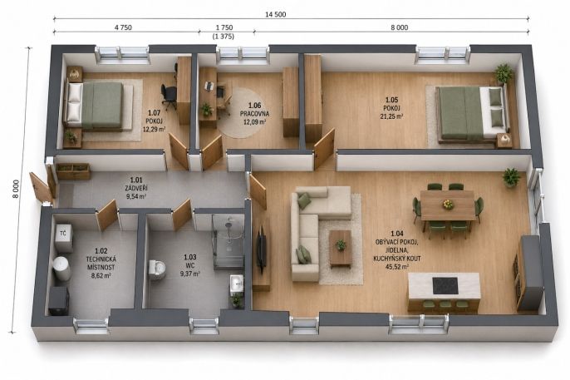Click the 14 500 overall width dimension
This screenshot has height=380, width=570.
(x=275, y=14)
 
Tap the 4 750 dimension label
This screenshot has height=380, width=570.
(x=123, y=27)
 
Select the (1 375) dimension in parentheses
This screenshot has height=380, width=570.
(x=224, y=37)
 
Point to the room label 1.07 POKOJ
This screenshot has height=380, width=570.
(x=155, y=117)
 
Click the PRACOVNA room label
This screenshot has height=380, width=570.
(x=254, y=114)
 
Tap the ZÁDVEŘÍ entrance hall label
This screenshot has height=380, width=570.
(x=136, y=189)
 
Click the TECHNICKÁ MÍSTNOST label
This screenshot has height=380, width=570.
(x=101, y=264)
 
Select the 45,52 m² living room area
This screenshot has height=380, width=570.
(x=396, y=267)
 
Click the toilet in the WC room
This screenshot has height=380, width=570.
(x=157, y=269)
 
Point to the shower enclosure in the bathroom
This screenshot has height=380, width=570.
(x=228, y=241)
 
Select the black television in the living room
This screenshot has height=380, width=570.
(x=262, y=249)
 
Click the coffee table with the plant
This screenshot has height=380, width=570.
(x=341, y=249)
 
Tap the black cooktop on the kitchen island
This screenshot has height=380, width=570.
(x=445, y=284)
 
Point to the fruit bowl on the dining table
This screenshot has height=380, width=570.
(x=448, y=205)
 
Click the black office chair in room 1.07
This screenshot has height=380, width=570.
(x=169, y=96)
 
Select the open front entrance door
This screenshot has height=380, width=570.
(x=41, y=188)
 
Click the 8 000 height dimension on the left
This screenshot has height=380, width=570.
(x=16, y=189)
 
